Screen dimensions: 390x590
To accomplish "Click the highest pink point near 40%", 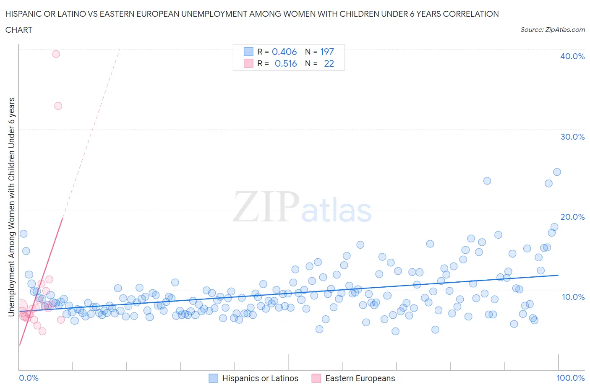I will (56, 54).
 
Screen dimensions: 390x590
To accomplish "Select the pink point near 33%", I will (58, 106).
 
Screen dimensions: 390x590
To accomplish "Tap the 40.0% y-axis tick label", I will (572, 56).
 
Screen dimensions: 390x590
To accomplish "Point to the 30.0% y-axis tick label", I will (572, 137).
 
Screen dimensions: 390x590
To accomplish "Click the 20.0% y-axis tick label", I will (572, 217).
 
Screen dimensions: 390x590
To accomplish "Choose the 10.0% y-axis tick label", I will (572, 297).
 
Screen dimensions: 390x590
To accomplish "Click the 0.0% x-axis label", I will (29, 378).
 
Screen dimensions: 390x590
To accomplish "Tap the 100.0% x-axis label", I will (570, 378).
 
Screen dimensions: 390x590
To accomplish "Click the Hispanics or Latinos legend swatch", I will (214, 378).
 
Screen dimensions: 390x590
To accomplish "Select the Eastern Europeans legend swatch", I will (316, 378).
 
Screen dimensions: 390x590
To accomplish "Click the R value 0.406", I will (284, 52).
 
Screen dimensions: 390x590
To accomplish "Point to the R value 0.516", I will (286, 63).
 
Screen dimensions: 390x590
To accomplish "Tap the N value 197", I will (327, 52).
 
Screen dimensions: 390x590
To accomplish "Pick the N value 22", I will (329, 63).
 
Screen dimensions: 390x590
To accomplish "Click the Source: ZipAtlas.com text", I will (552, 29).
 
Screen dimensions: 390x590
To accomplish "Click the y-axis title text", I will (11, 207).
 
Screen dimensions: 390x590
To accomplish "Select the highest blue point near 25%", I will (557, 172).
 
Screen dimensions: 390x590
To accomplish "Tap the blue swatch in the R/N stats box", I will (248, 52).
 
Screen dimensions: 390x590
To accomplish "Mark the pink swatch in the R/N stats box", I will (248, 63).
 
